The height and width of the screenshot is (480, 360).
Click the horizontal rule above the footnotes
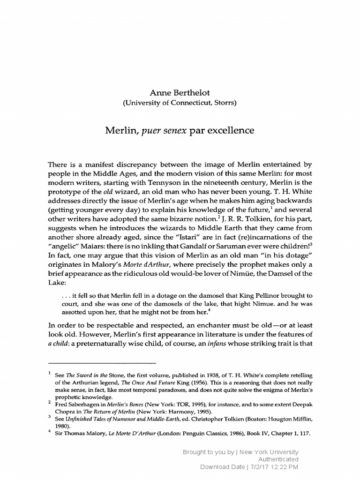(x=102, y=363)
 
